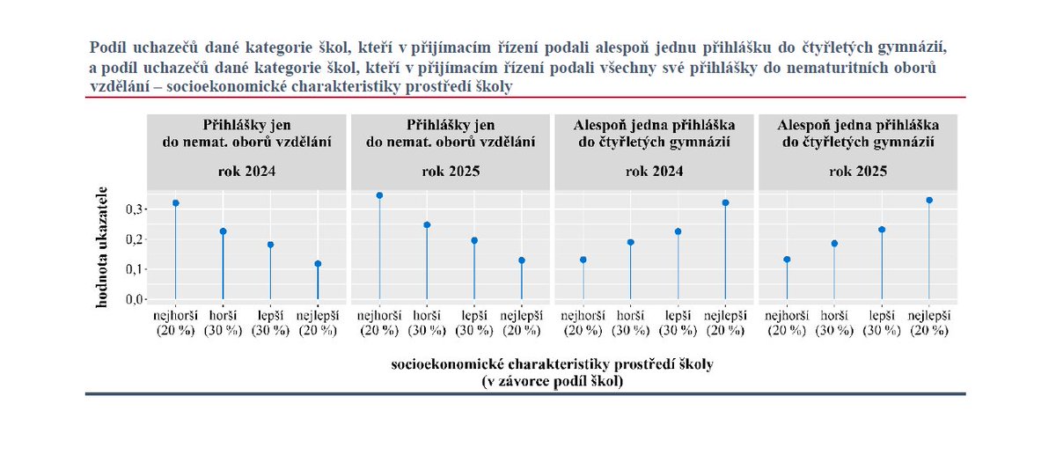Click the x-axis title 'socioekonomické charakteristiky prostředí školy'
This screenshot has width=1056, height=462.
pos(552,364)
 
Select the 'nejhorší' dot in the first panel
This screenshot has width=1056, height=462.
pos(176,203)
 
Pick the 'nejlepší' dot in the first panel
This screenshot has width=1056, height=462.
pos(318,264)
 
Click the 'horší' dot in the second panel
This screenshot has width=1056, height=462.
pos(427,225)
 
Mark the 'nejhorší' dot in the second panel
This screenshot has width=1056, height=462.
pos(379,195)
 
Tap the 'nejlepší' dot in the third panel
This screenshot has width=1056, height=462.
pos(726,203)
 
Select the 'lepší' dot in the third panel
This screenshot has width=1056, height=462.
pos(678,231)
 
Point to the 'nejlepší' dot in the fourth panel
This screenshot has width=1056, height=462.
pos(929,201)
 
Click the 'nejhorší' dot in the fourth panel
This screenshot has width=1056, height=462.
pos(788,260)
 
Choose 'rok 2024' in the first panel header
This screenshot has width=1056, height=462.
pos(247,172)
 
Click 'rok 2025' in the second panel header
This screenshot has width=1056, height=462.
pos(451,172)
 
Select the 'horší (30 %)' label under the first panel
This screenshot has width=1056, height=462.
pos(224,323)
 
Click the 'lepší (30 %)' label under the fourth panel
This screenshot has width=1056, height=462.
pos(882,323)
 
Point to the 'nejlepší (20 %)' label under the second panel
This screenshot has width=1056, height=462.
pos(522,323)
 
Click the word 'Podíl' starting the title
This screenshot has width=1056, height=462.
pos(109,45)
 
